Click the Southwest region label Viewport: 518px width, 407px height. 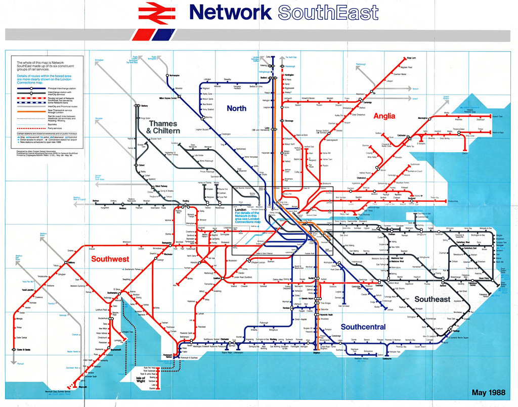(110, 259)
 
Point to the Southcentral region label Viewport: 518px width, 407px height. (363, 327)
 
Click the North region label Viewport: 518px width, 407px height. (236, 108)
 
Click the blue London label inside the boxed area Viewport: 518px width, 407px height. (240, 209)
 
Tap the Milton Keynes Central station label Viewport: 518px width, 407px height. (167, 98)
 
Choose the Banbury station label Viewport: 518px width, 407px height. (144, 106)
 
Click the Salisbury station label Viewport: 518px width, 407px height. (71, 262)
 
